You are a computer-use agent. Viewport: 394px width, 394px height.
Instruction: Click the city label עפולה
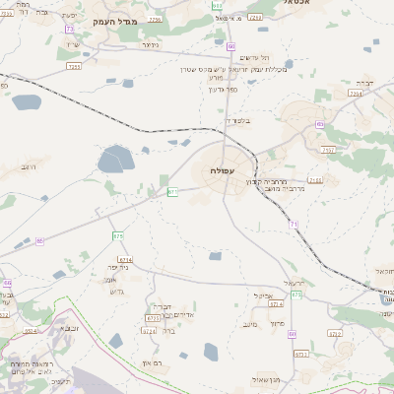pyautogui.click(x=220, y=170)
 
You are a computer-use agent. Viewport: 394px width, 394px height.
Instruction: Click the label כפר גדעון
pyautogui.click(x=223, y=90)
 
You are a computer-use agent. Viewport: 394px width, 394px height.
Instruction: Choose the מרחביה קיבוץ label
pyautogui.click(x=280, y=181)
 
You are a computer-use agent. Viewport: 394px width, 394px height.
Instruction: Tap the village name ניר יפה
pyautogui.click(x=116, y=267)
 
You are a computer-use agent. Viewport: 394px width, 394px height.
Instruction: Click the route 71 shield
pyautogui.click(x=294, y=225)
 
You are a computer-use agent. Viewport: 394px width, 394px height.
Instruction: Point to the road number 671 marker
pyautogui.click(x=172, y=191)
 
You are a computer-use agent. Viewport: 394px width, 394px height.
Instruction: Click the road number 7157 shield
pyautogui.click(x=328, y=149)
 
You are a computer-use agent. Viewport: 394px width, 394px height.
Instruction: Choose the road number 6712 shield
pyautogui.click(x=334, y=334)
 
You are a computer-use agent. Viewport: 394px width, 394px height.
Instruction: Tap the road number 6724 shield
pyautogui.click(x=31, y=332)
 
